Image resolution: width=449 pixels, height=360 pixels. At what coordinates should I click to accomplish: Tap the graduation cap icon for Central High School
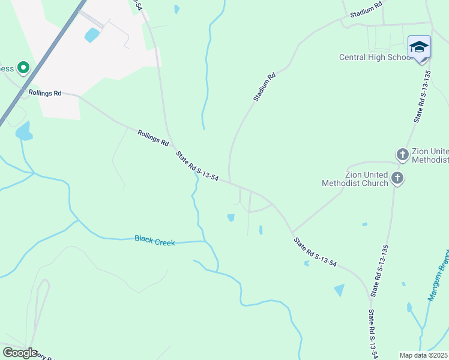pos(418,47)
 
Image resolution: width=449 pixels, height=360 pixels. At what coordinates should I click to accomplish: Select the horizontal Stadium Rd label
pos(366,10)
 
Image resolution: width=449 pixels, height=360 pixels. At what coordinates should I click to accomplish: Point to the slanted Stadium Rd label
pos(264,86)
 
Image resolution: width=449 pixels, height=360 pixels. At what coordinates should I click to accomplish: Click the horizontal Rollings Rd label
pos(45,93)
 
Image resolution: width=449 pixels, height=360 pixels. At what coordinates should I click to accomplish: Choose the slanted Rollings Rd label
pos(152,138)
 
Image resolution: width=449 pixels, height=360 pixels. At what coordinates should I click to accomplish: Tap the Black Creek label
pos(154,241)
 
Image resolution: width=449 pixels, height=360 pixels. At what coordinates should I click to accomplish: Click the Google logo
pos(20,352)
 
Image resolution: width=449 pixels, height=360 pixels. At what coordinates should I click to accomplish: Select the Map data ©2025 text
pos(424,355)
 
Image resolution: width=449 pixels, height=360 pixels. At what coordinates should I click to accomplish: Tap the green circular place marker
pos(23,68)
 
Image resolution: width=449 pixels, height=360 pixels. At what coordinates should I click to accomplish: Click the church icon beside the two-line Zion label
pos(397,178)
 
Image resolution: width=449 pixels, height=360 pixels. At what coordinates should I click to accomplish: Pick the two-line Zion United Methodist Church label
pos(355,178)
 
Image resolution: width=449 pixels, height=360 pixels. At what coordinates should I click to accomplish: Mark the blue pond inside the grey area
pos(92,35)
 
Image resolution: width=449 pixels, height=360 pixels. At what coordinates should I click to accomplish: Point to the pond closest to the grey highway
pos(23,131)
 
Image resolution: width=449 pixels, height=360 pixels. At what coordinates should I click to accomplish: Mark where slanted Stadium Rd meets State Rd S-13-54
pos(230,182)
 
